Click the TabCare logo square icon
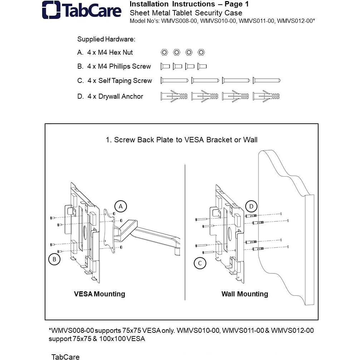coord(51,10)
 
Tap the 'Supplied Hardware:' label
coord(106,39)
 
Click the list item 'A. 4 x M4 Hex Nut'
coord(105,53)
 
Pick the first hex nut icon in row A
coord(164,53)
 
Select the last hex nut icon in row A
coord(201,53)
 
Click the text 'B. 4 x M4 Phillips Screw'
coord(114,66)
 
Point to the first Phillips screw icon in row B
coord(165,66)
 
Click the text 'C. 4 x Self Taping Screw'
coord(114,81)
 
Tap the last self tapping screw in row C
coord(267,80)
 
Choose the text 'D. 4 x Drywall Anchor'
coord(110,97)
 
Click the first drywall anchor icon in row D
coord(174,96)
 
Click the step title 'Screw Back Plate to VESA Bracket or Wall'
coord(182,140)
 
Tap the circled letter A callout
coord(121,206)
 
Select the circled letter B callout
coord(54,259)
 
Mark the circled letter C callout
coord(200,263)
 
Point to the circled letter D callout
coord(251,206)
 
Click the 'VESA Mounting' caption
coord(99,294)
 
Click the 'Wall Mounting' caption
coord(245,294)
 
